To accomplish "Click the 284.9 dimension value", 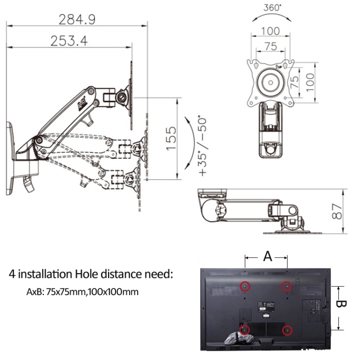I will [77, 19].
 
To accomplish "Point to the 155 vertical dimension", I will [171, 139].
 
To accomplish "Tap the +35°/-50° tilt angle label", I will [202, 144].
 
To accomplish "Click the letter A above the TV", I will [267, 256].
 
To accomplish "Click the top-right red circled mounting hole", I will [287, 287].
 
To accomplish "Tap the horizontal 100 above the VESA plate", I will [270, 32].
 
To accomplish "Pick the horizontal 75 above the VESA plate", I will [270, 47].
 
